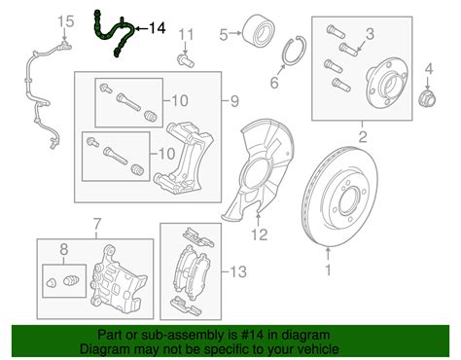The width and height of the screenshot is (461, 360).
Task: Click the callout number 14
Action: (157, 29)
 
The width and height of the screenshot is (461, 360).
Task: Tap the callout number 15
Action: (65, 20)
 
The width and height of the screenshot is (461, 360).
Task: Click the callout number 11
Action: (187, 36)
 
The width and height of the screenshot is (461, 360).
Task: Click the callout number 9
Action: (233, 100)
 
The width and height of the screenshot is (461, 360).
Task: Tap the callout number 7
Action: (97, 227)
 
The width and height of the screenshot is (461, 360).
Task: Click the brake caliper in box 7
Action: (114, 277)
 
